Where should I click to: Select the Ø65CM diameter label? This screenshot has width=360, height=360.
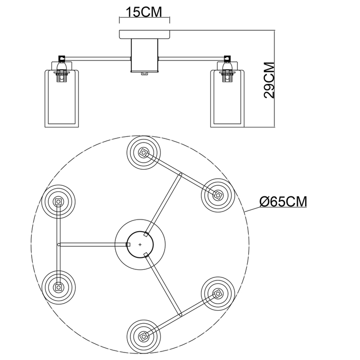pos(283,201)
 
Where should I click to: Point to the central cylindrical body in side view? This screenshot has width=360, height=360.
pos(145,57)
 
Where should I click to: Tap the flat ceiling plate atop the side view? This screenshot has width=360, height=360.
pos(145,36)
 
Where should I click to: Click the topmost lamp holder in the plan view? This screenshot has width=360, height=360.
pos(143,152)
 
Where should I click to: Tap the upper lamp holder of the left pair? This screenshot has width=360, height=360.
pos(58,201)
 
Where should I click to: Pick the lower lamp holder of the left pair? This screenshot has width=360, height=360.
pos(58,289)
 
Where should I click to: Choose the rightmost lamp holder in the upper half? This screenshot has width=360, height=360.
pos(218,195)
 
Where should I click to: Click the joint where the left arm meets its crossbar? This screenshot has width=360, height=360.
pos(59,245)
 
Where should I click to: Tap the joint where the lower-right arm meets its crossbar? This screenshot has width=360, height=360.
pos(180,315)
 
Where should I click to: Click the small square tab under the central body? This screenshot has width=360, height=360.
pos(145,74)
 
